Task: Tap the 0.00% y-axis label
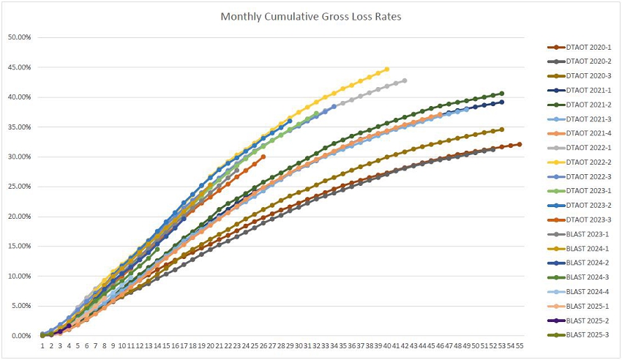click(21, 336)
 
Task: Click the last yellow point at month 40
click(387, 70)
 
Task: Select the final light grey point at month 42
click(405, 80)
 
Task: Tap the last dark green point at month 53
click(502, 94)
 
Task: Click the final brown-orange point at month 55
click(520, 144)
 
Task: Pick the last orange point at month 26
click(263, 157)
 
